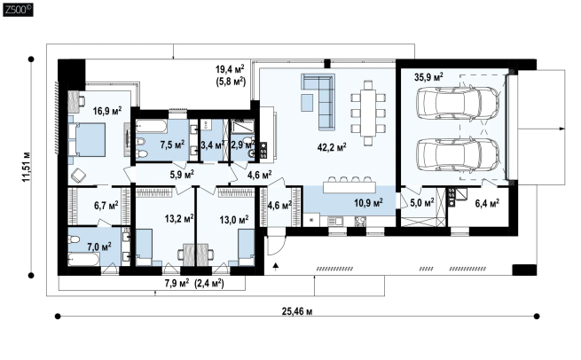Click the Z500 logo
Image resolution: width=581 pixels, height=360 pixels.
click(18, 10)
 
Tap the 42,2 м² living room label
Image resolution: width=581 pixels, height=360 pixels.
click(332, 147)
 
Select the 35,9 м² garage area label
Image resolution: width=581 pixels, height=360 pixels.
click(428, 77)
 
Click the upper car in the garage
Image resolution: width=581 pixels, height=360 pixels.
click(458, 102)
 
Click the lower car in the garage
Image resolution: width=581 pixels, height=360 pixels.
click(458, 154)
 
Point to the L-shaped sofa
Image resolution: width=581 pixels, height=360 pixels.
click(319, 100)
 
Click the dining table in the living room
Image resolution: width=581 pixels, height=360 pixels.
click(368, 113)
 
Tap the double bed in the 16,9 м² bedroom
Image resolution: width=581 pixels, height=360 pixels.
click(88, 139)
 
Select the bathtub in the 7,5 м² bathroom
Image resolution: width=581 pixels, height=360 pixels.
click(151, 126)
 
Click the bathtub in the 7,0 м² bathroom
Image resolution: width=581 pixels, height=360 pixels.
click(84, 259)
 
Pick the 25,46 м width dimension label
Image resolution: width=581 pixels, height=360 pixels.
click(297, 311)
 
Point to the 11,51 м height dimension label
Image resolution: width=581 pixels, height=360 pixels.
click(27, 167)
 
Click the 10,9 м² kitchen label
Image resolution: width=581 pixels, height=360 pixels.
click(368, 203)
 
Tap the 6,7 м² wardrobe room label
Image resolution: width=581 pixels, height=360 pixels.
click(106, 205)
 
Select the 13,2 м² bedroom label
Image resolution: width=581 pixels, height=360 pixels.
click(179, 219)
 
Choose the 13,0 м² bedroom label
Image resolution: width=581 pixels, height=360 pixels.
click(234, 220)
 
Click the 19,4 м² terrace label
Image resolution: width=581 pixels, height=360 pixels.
click(230, 69)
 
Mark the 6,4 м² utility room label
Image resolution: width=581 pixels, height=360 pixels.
click(487, 203)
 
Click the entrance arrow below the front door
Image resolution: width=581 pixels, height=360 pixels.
click(276, 267)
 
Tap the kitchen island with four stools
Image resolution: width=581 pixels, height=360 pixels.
click(349, 186)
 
